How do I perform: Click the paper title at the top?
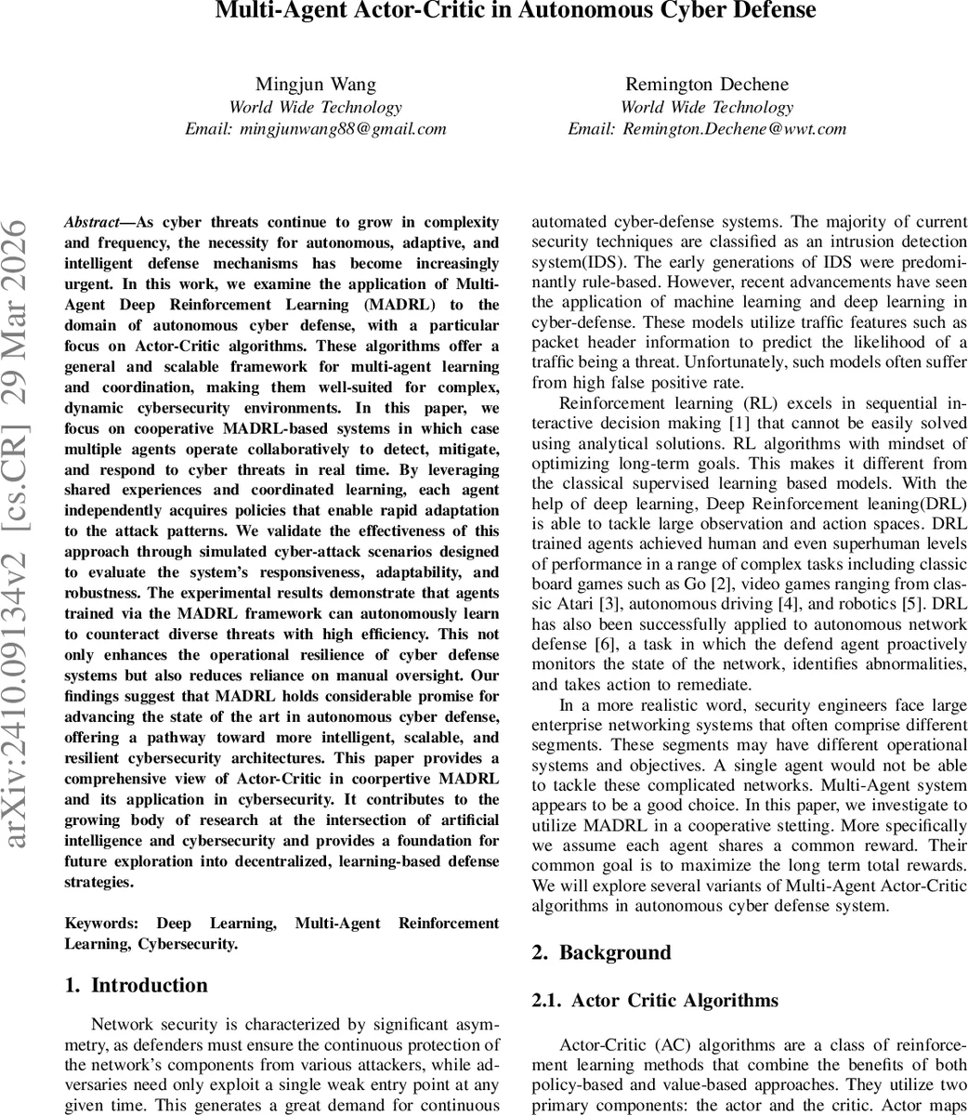[x=516, y=11]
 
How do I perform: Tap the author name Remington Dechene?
[x=707, y=85]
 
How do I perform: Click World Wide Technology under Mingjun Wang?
[x=316, y=107]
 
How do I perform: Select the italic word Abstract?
[x=91, y=223]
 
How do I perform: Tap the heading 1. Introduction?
[x=137, y=985]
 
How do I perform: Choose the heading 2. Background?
[x=601, y=952]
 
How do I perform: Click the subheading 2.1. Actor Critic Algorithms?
[x=655, y=1001]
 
